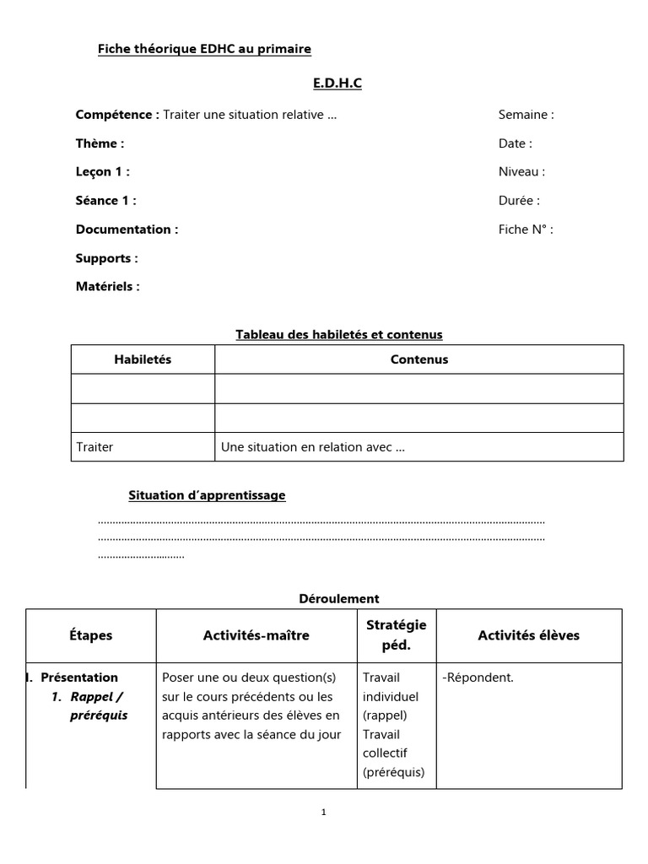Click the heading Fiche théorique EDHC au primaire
(204, 49)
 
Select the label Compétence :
(116, 115)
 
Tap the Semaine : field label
(526, 115)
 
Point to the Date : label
(515, 143)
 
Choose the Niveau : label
(521, 172)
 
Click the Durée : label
(519, 201)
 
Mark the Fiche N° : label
(526, 229)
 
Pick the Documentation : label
(127, 229)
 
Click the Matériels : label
(107, 287)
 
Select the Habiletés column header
(143, 359)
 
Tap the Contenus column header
(419, 359)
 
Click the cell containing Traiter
(94, 447)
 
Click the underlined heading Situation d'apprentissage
(207, 495)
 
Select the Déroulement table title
(339, 599)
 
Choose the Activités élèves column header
(528, 635)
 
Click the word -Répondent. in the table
(478, 678)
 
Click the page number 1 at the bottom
(324, 813)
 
